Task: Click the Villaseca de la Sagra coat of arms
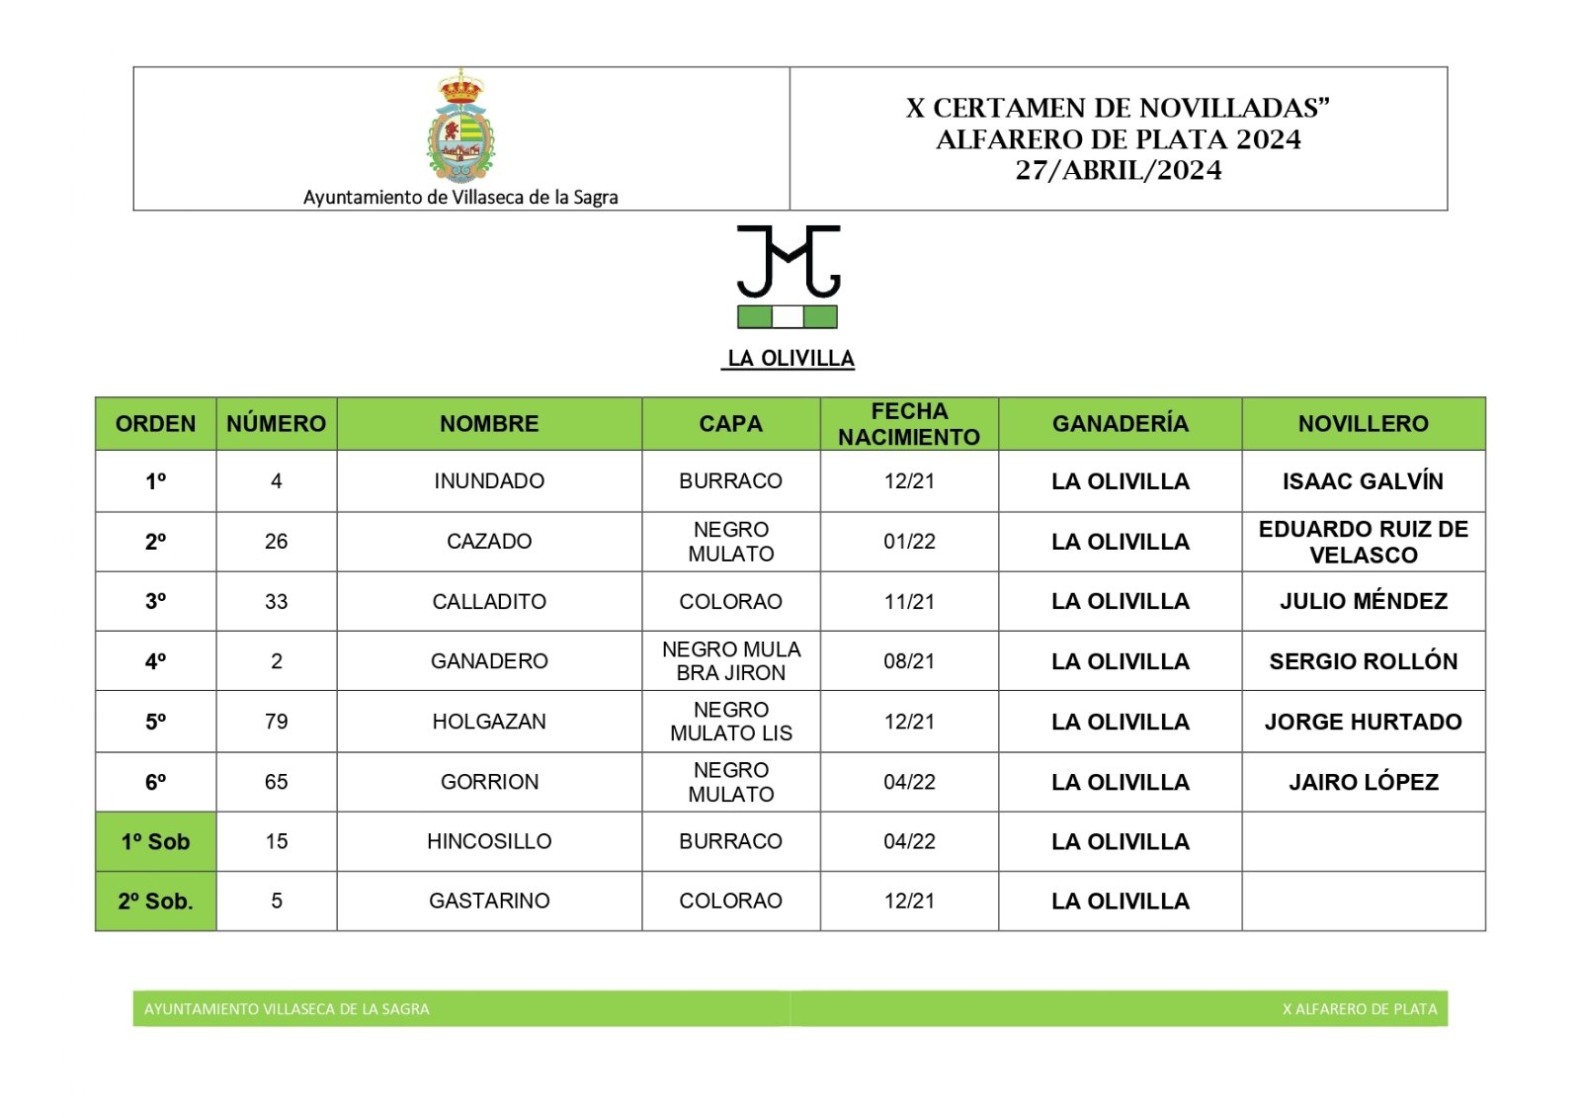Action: (x=460, y=127)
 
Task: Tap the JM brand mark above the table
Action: (x=788, y=262)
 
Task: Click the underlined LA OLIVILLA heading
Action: (x=790, y=358)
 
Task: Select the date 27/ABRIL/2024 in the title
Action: (x=1118, y=170)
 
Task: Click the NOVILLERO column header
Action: (x=1363, y=424)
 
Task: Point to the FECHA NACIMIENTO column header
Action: (x=909, y=424)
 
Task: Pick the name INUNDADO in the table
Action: (x=489, y=481)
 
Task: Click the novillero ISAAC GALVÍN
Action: (x=1363, y=481)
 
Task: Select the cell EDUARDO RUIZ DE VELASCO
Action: (x=1363, y=542)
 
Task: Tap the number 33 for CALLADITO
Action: (x=277, y=601)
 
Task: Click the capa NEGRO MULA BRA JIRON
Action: (x=731, y=661)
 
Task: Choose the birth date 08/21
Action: (x=909, y=661)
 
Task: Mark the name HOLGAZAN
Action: (x=489, y=722)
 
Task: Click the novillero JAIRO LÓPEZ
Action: (x=1363, y=782)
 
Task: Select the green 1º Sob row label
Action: (x=156, y=842)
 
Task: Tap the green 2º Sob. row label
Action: (x=156, y=902)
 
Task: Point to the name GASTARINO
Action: (x=489, y=902)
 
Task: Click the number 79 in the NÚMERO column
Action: (x=277, y=722)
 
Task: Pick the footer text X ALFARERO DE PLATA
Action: (x=1359, y=1009)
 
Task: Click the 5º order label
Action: (x=156, y=722)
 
